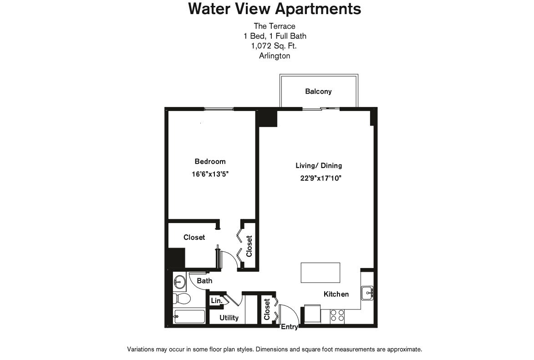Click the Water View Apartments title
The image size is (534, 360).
click(x=275, y=9)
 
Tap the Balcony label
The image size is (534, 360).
click(x=318, y=91)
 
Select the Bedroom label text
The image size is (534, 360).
click(x=210, y=162)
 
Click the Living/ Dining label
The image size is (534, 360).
click(x=319, y=166)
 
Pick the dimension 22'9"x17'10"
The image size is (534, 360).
click(x=320, y=178)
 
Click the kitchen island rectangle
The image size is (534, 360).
click(x=320, y=273)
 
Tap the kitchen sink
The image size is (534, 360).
click(x=367, y=293)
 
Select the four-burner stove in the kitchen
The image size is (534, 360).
click(x=337, y=315)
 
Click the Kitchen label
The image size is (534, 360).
click(x=336, y=294)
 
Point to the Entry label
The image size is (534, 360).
click(x=290, y=327)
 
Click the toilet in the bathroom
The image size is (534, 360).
click(x=182, y=299)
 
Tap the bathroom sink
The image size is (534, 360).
click(x=179, y=282)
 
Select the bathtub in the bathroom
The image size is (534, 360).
click(x=189, y=316)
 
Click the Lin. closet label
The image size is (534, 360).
click(x=216, y=301)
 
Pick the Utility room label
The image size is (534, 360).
click(x=229, y=318)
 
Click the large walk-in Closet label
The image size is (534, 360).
click(x=194, y=237)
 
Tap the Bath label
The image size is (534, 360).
click(x=204, y=281)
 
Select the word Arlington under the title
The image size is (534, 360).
click(x=274, y=56)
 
